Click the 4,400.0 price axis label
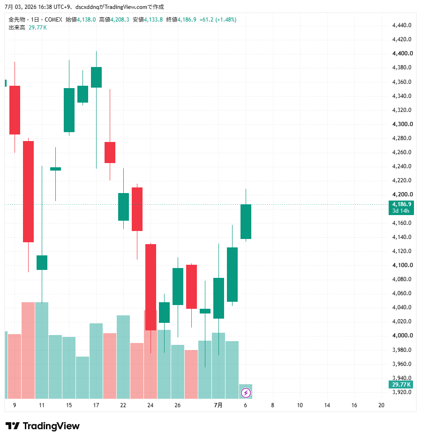(x=402, y=53)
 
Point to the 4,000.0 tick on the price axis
(x=402, y=336)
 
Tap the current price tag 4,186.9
(x=402, y=204)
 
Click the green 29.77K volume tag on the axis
(x=401, y=384)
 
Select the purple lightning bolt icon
(x=246, y=393)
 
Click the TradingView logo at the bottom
(x=43, y=426)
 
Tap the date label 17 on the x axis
(x=96, y=405)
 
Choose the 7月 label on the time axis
(x=218, y=405)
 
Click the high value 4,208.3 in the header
(x=120, y=20)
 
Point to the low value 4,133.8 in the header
(x=153, y=20)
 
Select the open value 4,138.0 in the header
(x=86, y=20)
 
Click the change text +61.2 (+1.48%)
(x=218, y=20)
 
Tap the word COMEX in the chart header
(x=53, y=20)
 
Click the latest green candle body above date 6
(x=246, y=222)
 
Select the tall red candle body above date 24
(x=150, y=287)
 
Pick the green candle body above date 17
(x=96, y=77)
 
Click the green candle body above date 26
(x=178, y=286)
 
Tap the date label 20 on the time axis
(x=381, y=405)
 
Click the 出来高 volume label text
(x=17, y=28)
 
